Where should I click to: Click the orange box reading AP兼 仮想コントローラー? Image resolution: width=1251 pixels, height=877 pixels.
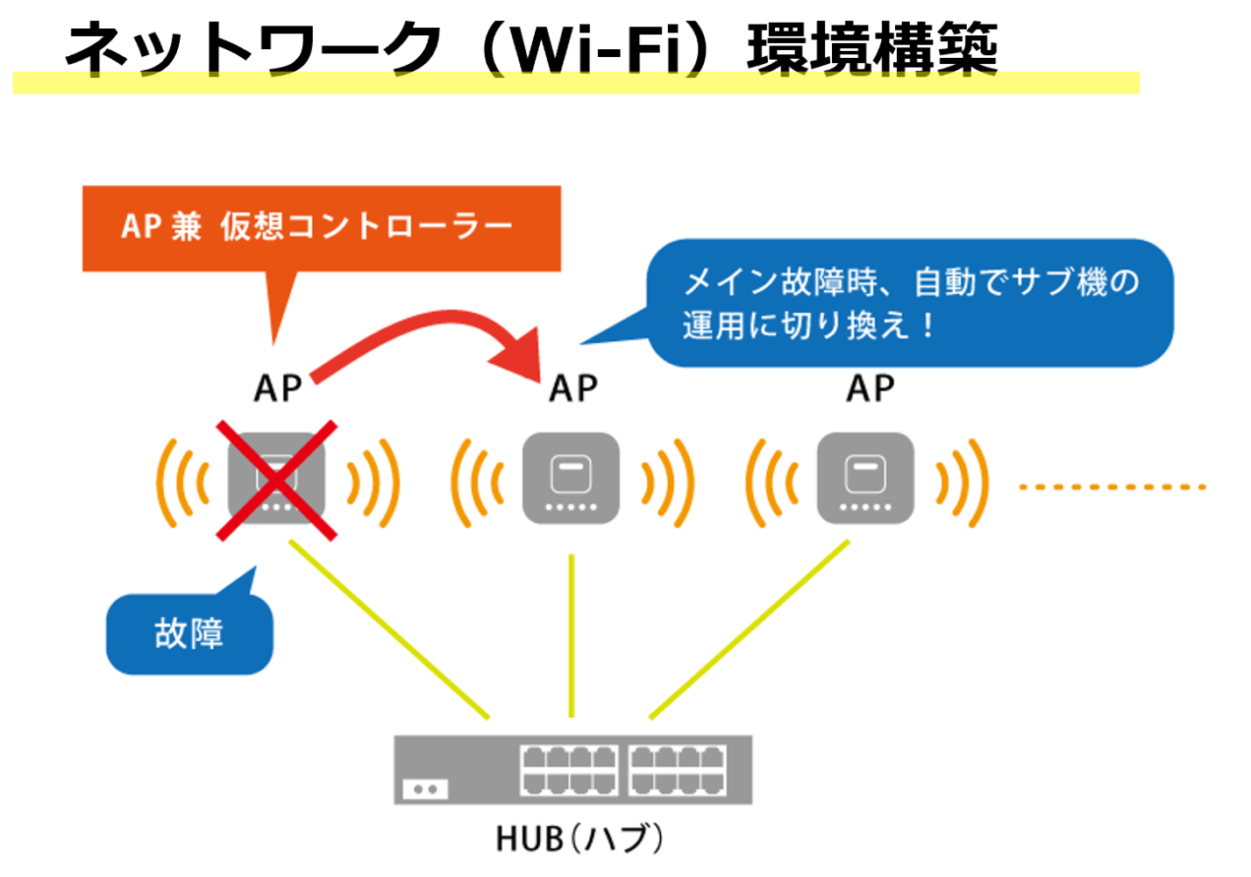321,228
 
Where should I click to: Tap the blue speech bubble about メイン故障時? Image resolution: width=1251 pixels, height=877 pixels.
910,303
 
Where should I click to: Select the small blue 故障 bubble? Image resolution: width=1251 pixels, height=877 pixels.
189,634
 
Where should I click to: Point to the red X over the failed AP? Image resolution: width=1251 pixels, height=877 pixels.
276,481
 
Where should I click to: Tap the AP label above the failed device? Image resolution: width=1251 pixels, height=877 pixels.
278,389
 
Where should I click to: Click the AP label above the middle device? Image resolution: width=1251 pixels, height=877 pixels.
573,389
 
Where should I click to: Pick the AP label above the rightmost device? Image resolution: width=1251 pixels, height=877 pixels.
870,389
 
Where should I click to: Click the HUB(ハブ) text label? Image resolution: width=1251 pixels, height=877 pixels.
579,839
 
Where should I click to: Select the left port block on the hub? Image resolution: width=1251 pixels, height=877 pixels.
569,770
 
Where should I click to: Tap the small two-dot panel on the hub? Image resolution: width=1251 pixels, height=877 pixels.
425,789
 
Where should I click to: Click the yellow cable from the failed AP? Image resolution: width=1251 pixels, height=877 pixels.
388,629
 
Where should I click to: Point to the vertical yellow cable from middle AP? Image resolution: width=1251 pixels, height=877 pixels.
572,636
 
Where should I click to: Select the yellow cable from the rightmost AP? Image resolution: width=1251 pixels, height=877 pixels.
750,629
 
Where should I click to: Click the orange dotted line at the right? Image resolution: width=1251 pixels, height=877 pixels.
1112,486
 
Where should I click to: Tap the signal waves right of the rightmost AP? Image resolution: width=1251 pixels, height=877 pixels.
963,482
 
